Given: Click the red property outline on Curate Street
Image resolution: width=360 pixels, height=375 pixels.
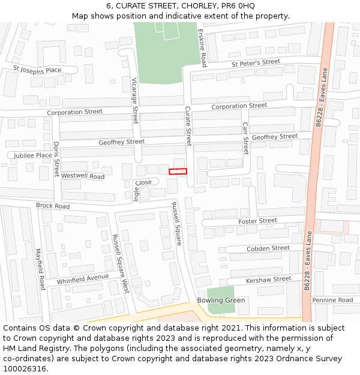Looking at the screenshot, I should click(178, 172).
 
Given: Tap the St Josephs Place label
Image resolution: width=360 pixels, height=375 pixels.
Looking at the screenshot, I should click(37, 70).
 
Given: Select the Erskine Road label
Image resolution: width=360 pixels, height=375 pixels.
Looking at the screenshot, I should click(202, 47).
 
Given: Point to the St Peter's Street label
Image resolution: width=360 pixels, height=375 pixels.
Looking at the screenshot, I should click(256, 62).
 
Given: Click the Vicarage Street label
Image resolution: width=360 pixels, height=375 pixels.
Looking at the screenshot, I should click(135, 100).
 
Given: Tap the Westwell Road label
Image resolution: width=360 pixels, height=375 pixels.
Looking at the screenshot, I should click(83, 176).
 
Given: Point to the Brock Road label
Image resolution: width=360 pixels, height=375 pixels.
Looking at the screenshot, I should click(53, 206).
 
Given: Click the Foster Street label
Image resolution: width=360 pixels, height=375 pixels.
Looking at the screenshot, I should click(257, 221).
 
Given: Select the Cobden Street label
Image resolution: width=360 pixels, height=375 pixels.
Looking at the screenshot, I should click(268, 248).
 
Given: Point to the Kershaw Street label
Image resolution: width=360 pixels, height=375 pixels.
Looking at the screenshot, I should click(268, 280).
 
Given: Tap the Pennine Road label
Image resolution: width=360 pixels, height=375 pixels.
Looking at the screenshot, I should click(332, 300).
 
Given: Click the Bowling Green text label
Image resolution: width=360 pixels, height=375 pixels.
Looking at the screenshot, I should click(221, 300).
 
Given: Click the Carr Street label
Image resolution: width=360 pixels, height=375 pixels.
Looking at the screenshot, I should click(245, 139).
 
